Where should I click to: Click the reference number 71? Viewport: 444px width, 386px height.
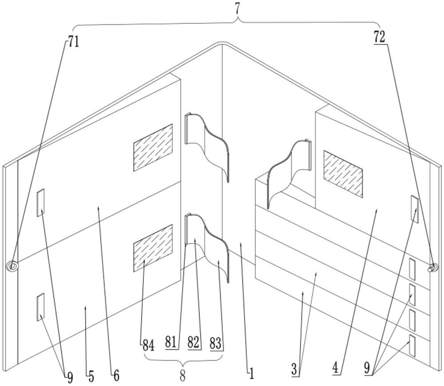click(73, 44)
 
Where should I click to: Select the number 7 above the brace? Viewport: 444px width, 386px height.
click(238, 8)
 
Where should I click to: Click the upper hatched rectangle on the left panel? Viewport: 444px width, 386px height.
click(153, 147)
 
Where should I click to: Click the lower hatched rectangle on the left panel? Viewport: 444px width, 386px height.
click(153, 248)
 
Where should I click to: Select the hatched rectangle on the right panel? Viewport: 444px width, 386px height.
click(343, 174)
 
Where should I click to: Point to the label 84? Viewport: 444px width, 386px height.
click(148, 344)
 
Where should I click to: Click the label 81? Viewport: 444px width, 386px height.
click(170, 343)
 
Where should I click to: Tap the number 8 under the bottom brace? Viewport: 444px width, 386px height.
click(182, 374)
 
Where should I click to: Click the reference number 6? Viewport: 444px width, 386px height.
click(116, 376)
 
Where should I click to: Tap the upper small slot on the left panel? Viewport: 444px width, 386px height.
click(41, 203)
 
